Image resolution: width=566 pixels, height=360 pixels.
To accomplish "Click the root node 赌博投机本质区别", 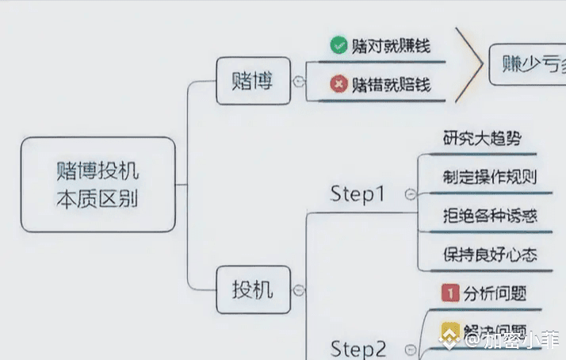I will [x=98, y=184].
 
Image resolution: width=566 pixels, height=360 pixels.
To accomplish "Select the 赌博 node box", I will [x=252, y=81].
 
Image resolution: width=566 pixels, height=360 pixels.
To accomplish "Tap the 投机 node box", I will [x=252, y=289].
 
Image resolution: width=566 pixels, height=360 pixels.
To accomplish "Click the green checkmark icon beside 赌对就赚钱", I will [x=338, y=45].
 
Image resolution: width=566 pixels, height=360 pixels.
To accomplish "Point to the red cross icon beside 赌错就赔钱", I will [x=338, y=83].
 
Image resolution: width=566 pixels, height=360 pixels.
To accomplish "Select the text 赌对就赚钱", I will [x=391, y=45].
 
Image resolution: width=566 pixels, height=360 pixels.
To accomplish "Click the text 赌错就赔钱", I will [x=391, y=83].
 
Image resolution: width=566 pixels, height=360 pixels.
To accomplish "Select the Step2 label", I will [x=358, y=348].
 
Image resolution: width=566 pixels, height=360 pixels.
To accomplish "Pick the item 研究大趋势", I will [x=482, y=138].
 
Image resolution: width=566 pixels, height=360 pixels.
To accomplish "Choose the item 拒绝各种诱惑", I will [x=486, y=215].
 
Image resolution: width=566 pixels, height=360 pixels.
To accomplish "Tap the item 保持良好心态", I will [x=490, y=255].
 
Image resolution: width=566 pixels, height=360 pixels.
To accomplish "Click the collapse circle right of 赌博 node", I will [x=298, y=81].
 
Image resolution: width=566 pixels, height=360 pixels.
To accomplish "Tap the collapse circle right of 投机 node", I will [x=298, y=290].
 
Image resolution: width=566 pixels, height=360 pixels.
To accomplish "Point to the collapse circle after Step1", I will [x=410, y=194].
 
